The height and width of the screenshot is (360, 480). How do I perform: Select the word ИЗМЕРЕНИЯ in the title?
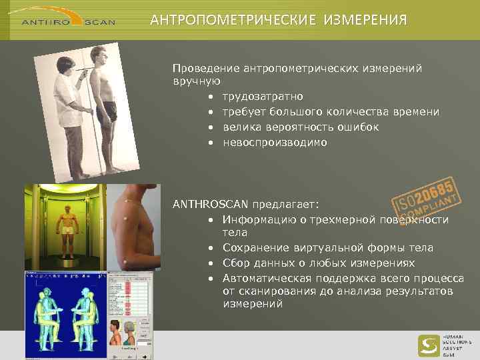pos(365,20)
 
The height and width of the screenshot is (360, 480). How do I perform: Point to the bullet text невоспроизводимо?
pos(275,142)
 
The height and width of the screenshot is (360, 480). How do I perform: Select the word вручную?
pos(197,82)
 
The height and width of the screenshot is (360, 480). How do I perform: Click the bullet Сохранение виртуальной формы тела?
pos(327,248)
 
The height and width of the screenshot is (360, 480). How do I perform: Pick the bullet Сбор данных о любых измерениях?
pos(319,263)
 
